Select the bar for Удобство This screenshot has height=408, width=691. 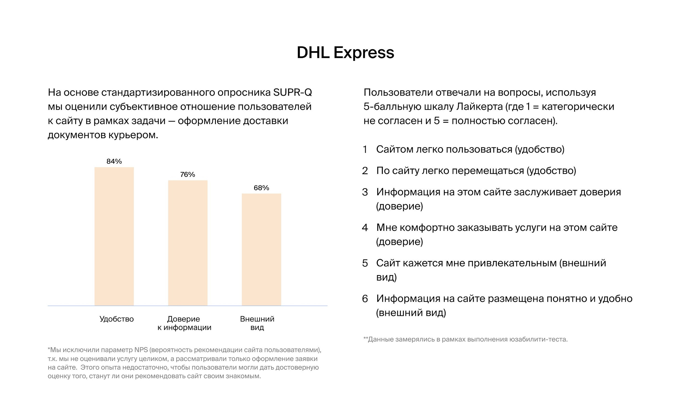pyautogui.click(x=114, y=236)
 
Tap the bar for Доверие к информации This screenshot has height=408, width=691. pyautogui.click(x=188, y=243)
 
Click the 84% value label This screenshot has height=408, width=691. pyautogui.click(x=114, y=161)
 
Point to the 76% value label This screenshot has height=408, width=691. pyautogui.click(x=188, y=175)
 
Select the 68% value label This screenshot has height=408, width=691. pyautogui.click(x=261, y=188)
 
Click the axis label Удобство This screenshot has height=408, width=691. pyautogui.click(x=116, y=319)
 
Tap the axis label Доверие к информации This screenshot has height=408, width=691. pyautogui.click(x=184, y=323)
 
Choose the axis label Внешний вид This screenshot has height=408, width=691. pyautogui.click(x=257, y=323)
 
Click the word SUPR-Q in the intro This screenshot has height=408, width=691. pyautogui.click(x=292, y=92)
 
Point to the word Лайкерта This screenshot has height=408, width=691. pyautogui.click(x=480, y=107)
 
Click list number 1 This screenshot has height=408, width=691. pyautogui.click(x=365, y=150)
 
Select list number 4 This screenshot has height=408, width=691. pyautogui.click(x=365, y=228)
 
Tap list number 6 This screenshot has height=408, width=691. pyautogui.click(x=365, y=299)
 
